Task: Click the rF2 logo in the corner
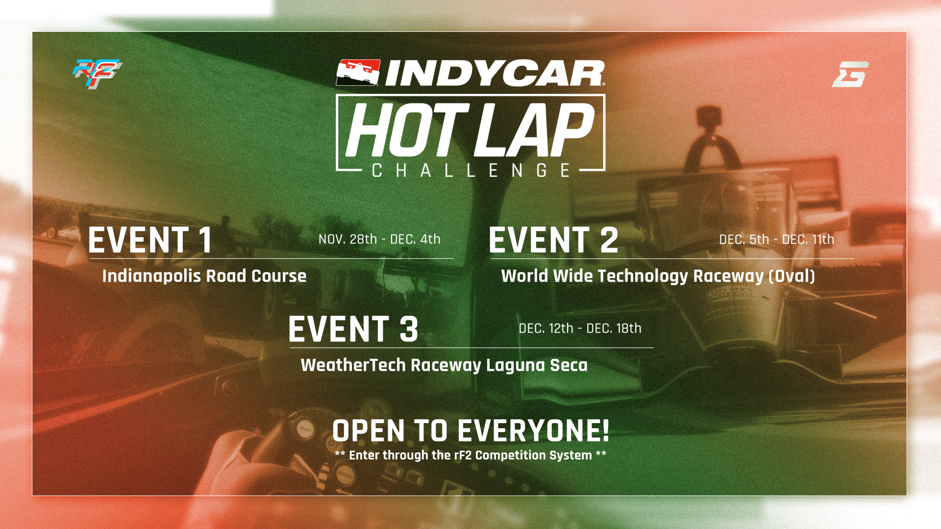click(97, 74)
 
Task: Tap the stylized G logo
click(850, 74)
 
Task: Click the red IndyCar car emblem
click(358, 72)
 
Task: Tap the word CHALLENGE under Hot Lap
click(471, 170)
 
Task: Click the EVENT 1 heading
click(150, 240)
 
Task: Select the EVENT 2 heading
click(553, 240)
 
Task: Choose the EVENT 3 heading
click(353, 329)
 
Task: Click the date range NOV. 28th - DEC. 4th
click(379, 239)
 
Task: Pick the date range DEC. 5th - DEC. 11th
click(776, 239)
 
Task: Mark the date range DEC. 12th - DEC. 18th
click(580, 328)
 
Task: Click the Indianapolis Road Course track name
click(204, 276)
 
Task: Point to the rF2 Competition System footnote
click(470, 455)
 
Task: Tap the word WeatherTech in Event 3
click(353, 365)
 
